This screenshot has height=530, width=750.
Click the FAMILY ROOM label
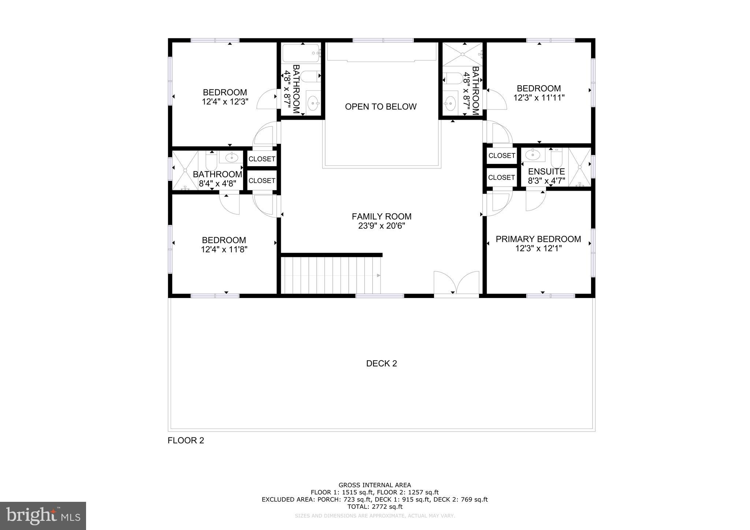[x=381, y=216]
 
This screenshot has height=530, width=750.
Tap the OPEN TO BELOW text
[x=380, y=107]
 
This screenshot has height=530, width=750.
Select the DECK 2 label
[x=381, y=363]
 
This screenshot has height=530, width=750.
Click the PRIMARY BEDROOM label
[x=538, y=239]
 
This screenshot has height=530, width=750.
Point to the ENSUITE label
[x=546, y=172]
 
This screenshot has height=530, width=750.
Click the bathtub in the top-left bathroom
[x=301, y=53]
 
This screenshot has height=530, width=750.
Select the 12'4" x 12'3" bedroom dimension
[x=225, y=102]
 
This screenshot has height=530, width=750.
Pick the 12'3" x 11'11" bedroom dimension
[x=539, y=98]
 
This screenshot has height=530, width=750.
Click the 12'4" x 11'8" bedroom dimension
[x=224, y=250]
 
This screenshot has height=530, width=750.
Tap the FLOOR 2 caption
[x=186, y=440]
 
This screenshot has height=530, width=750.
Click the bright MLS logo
[x=43, y=516]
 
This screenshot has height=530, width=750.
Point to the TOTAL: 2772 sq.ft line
[x=375, y=507]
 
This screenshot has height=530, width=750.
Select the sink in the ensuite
[x=532, y=154]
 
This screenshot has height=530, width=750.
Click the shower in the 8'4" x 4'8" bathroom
[x=185, y=170]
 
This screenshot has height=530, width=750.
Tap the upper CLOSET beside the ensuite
[x=501, y=156]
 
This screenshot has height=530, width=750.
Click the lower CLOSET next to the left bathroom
[x=262, y=180]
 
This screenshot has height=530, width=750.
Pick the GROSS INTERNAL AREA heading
[x=375, y=485]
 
